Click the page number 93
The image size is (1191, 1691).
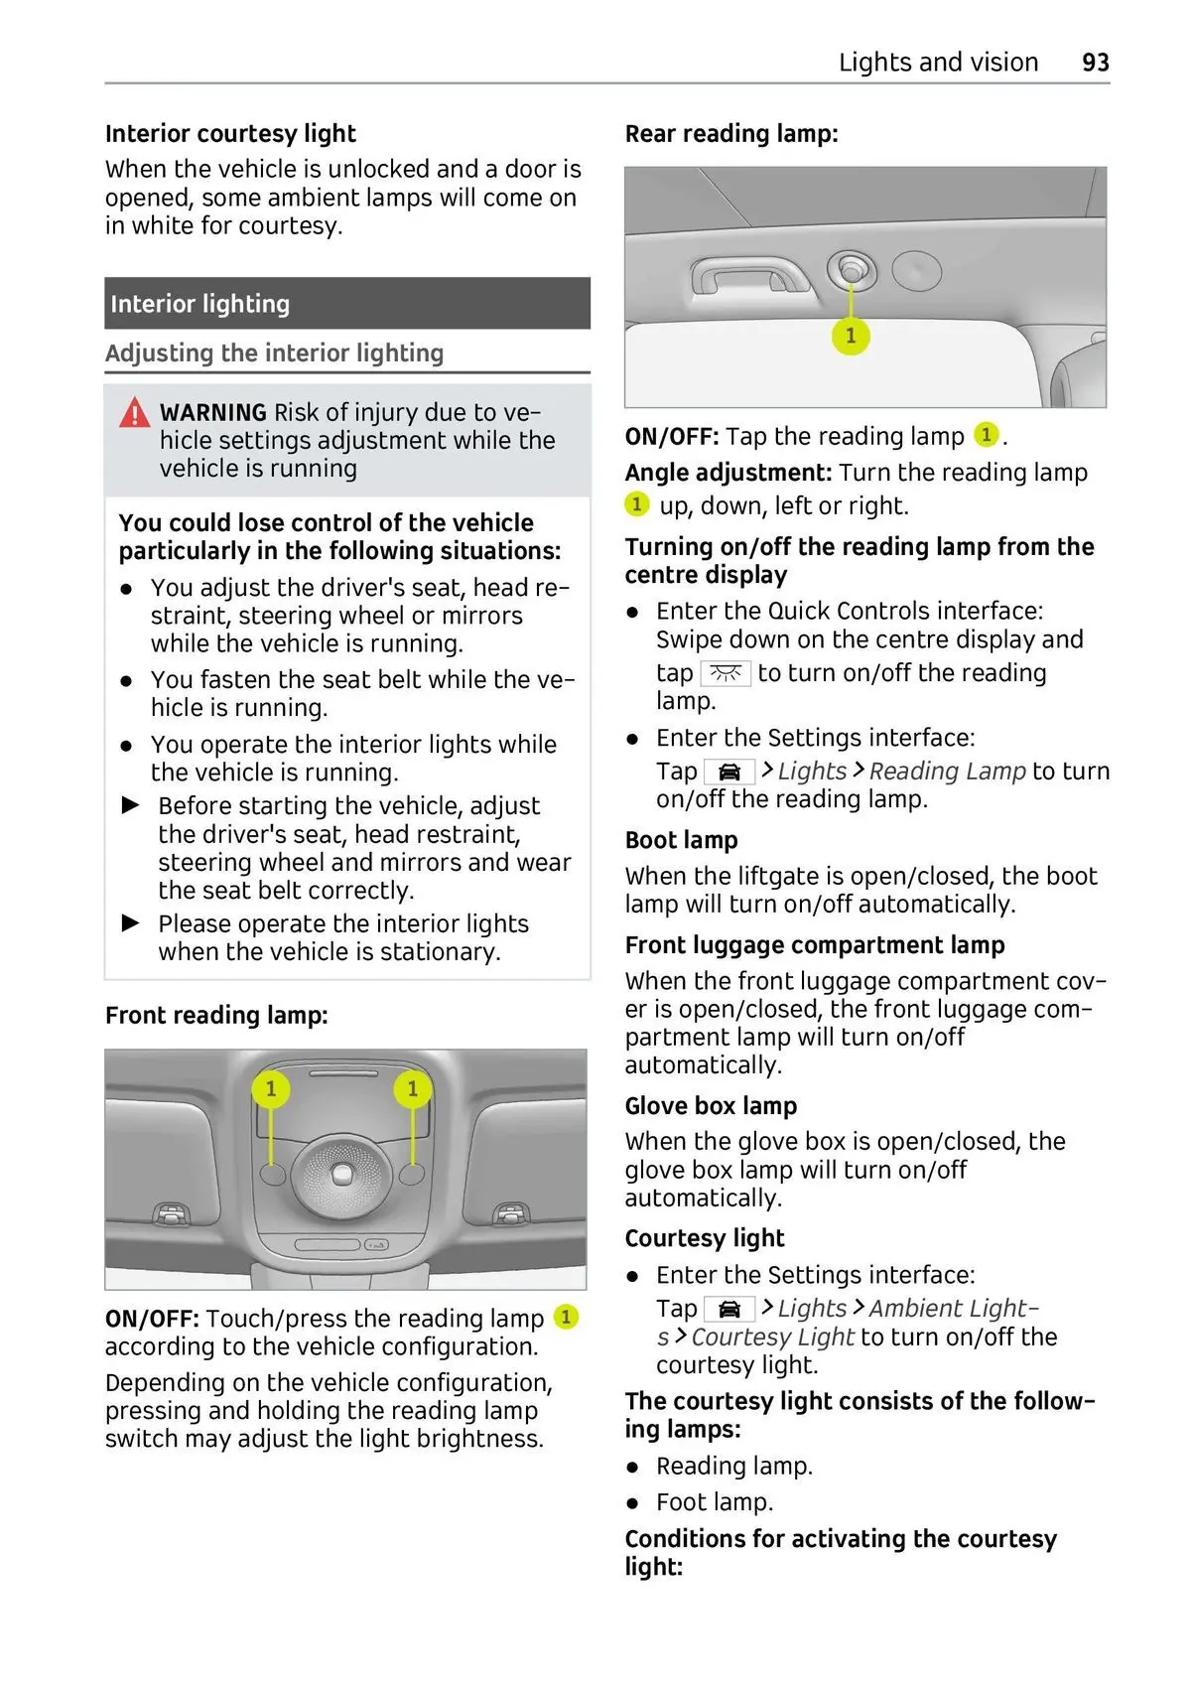[x=1095, y=63]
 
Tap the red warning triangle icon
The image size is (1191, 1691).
[x=134, y=412]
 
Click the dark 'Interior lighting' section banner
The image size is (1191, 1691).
[x=346, y=304]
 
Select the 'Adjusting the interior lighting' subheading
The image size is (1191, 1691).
[x=274, y=353]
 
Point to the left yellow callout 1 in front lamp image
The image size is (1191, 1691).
[x=270, y=1089]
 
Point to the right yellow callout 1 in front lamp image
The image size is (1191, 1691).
[x=413, y=1089]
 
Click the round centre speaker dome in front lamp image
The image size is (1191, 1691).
[x=341, y=1173]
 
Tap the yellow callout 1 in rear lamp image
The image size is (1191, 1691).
[x=851, y=336]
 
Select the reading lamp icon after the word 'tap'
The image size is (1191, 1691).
[x=726, y=674]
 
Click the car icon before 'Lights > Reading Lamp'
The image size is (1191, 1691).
[x=729, y=772]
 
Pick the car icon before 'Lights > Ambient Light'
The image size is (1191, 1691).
[x=729, y=1309]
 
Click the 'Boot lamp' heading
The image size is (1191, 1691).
[x=681, y=840]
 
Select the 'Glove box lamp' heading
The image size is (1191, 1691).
[x=711, y=1106]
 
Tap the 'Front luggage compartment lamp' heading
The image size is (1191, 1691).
[x=814, y=945]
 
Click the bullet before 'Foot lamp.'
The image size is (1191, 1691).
[x=633, y=1503]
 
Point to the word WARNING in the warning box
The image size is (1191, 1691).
[x=212, y=413]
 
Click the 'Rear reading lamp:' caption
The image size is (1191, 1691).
[x=730, y=134]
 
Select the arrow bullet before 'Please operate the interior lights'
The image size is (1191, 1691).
[x=131, y=923]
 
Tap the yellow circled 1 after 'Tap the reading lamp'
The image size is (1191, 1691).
[x=986, y=435]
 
